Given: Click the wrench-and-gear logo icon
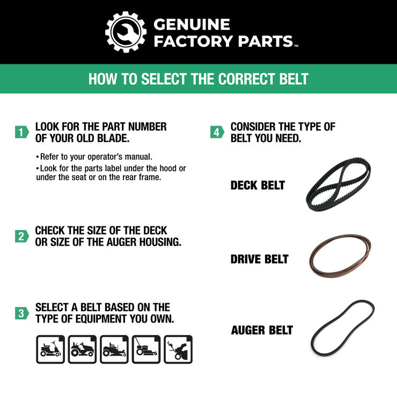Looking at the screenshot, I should (x=126, y=32).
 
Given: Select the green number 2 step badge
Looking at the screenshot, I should (x=21, y=236).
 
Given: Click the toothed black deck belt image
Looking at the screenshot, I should (x=339, y=185).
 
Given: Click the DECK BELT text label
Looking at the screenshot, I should (x=258, y=186).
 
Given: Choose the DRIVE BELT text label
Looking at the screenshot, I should (x=259, y=259).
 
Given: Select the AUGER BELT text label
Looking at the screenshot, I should (x=262, y=330).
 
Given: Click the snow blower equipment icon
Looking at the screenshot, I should (x=178, y=349).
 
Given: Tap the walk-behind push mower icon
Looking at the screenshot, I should (x=146, y=349).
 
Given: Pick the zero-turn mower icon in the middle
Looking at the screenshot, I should (x=114, y=349).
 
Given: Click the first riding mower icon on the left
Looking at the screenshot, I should (x=50, y=349).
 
